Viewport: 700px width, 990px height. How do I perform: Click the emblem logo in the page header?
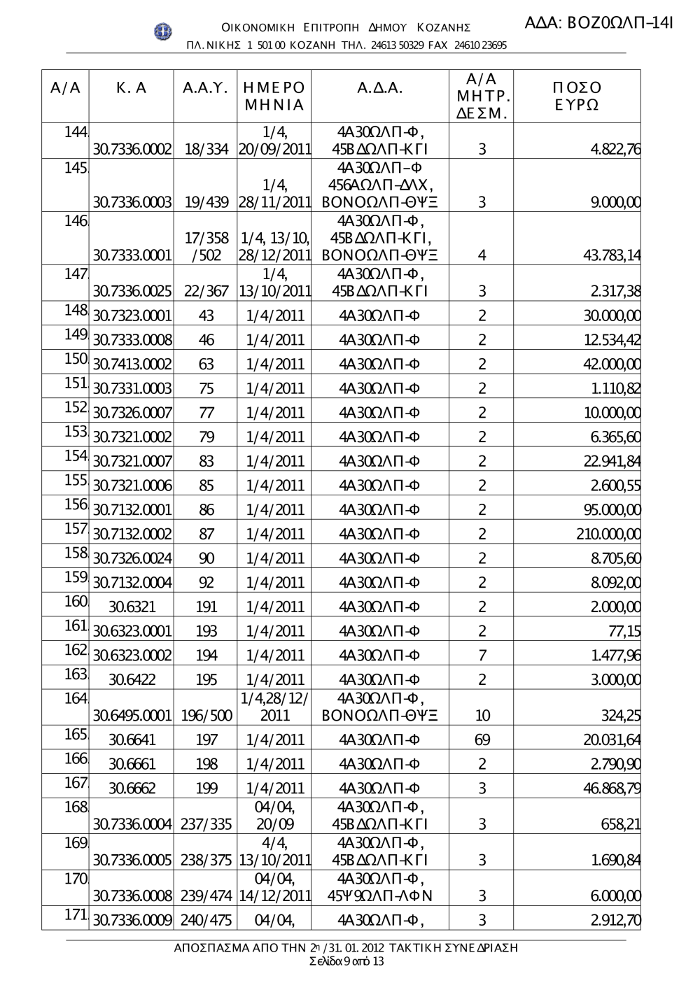[163, 31]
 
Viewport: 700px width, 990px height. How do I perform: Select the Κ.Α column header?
[132, 88]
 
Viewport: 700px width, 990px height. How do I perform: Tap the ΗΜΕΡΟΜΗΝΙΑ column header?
[274, 97]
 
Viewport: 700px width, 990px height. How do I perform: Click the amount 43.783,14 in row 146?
[612, 255]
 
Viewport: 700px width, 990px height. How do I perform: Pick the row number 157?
[75, 529]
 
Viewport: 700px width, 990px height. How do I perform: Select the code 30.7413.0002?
[132, 365]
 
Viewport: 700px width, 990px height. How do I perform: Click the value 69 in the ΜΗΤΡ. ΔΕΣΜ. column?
[482, 740]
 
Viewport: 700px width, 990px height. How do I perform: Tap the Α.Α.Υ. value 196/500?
[206, 716]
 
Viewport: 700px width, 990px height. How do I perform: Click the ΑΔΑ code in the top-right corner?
[598, 23]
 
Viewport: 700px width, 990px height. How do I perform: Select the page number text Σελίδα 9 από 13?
[346, 961]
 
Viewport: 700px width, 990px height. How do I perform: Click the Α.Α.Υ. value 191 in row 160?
[206, 607]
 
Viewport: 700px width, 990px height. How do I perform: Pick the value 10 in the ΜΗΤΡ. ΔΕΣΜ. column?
[482, 716]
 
